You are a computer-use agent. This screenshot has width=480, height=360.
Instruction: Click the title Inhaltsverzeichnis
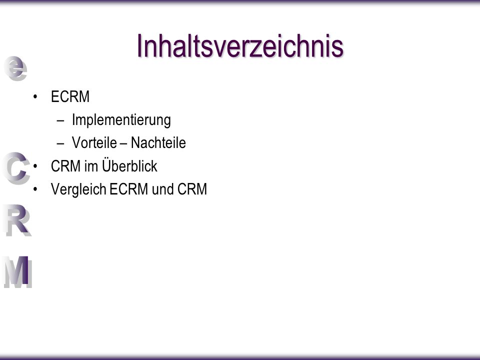240,46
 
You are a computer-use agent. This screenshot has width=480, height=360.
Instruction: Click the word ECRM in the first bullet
70,96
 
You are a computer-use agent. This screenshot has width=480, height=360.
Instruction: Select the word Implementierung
121,120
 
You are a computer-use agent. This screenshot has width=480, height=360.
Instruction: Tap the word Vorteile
94,142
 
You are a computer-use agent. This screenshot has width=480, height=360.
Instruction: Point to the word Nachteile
158,142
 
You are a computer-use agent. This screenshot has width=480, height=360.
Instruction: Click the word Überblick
129,165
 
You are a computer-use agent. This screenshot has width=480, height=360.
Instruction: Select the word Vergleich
78,189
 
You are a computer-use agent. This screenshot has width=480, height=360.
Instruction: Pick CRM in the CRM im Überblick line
65,166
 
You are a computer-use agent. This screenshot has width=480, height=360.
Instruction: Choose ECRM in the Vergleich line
128,189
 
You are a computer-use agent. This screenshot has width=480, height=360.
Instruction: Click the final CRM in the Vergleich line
192,189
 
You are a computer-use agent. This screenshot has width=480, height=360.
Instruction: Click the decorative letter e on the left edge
15,68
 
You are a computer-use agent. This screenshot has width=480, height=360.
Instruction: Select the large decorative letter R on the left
18,220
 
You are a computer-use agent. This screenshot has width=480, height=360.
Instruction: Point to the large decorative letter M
18,272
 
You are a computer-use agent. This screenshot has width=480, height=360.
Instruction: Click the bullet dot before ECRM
35,97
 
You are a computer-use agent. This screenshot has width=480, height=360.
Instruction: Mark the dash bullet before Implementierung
60,120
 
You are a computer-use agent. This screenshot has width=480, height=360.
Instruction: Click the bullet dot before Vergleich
35,189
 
